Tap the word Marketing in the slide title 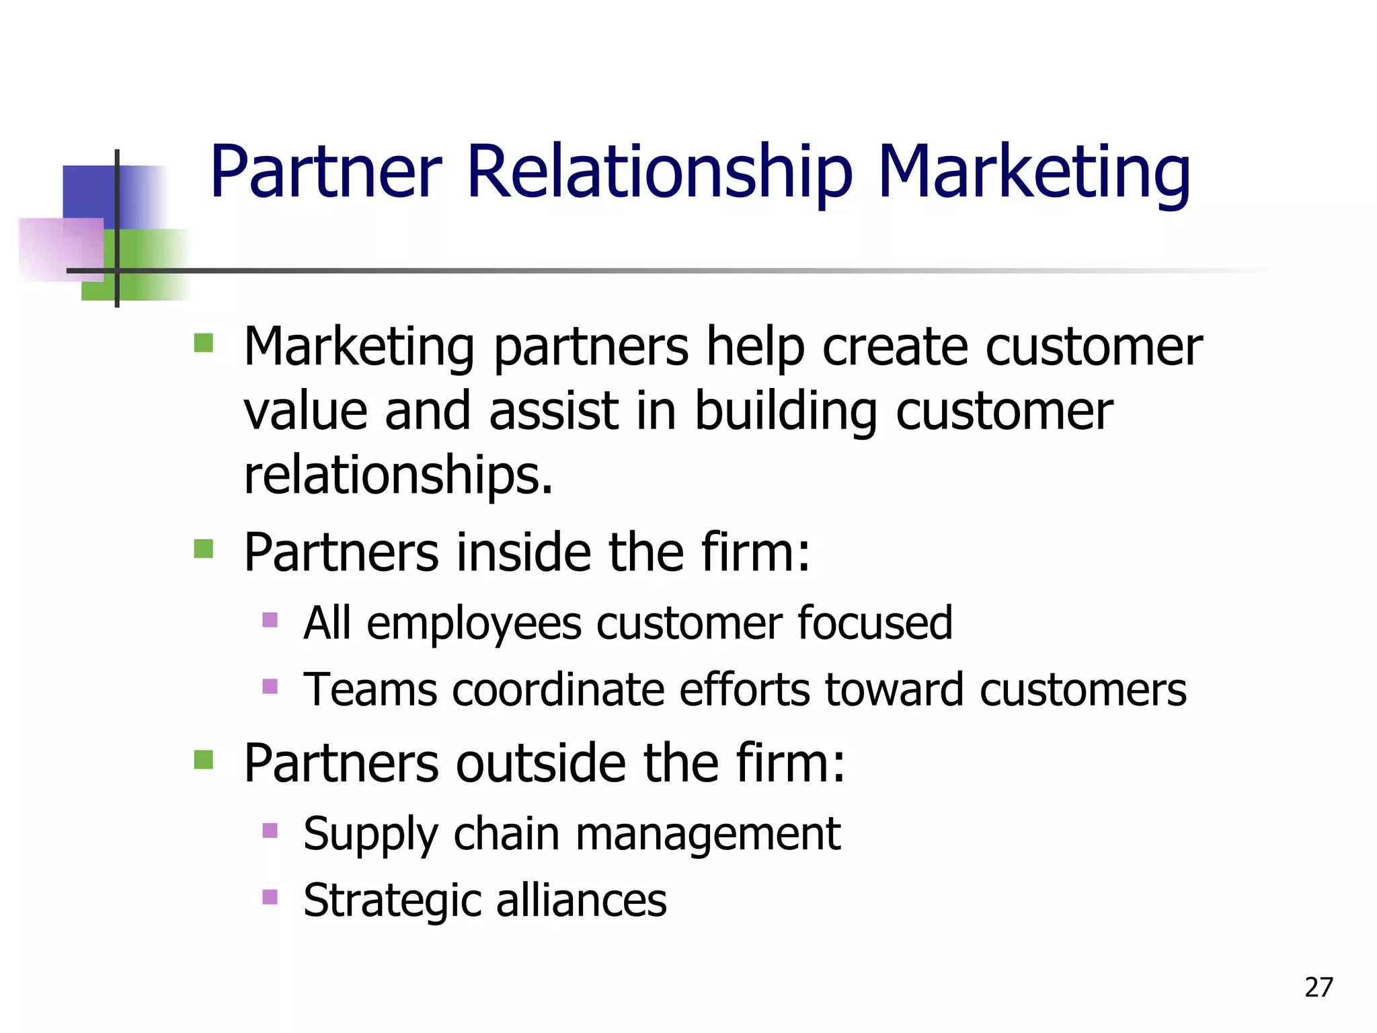pos(1034,174)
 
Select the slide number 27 pos(1319,987)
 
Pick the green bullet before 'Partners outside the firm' pos(203,760)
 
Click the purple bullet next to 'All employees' pos(270,619)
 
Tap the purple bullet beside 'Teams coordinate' pos(270,687)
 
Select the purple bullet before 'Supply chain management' pos(270,831)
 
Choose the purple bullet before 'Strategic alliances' pos(270,896)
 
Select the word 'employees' pos(474,624)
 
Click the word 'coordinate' pos(558,691)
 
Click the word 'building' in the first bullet pos(785,412)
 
